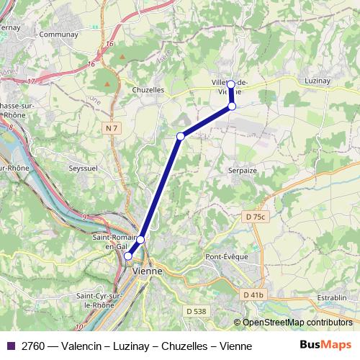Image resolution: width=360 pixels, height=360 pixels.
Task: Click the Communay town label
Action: pyautogui.click(x=59, y=34)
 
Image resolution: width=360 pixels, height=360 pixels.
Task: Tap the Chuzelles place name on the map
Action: pyautogui.click(x=148, y=90)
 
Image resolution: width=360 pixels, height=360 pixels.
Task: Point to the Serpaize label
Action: pyautogui.click(x=242, y=171)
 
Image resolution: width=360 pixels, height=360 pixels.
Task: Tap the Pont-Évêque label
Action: pyautogui.click(x=226, y=256)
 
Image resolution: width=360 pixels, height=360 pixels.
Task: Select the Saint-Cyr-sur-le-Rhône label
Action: pyautogui.click(x=101, y=300)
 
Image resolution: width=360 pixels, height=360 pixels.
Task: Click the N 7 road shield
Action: pyautogui.click(x=109, y=128)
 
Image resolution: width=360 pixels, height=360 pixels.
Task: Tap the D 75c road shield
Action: pyautogui.click(x=255, y=217)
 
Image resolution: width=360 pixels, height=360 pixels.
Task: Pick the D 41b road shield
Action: pyautogui.click(x=253, y=294)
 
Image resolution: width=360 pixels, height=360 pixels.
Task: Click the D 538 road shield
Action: pyautogui.click(x=195, y=311)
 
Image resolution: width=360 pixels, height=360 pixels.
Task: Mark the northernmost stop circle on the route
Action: pyautogui.click(x=230, y=84)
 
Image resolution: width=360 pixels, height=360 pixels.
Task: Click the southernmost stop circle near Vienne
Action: pyautogui.click(x=128, y=256)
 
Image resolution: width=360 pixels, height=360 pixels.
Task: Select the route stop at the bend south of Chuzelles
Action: pyautogui.click(x=181, y=136)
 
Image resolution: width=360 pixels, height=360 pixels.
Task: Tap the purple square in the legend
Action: pyautogui.click(x=11, y=346)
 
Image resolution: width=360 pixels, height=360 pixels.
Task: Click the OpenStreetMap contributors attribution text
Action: pyautogui.click(x=297, y=323)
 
